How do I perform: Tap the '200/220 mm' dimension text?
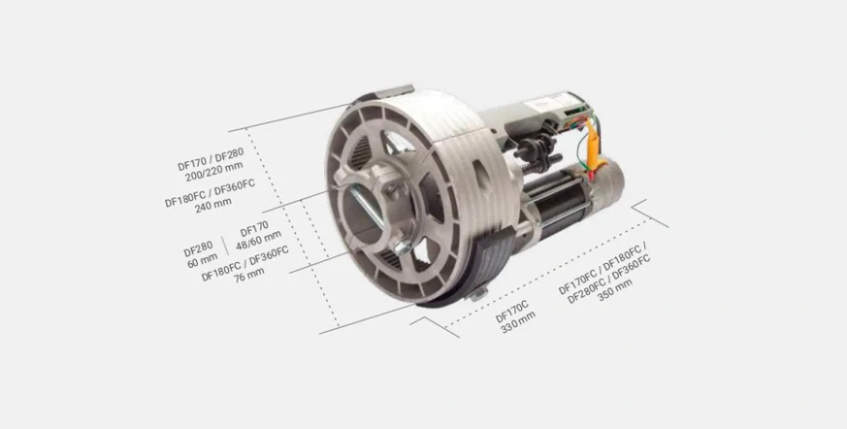(214, 171)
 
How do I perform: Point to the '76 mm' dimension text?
(249, 274)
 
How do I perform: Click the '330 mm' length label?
(519, 322)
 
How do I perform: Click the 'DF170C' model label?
(512, 311)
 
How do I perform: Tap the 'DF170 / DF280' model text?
(210, 159)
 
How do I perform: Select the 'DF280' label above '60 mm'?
(199, 248)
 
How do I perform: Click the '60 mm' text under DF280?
(203, 260)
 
